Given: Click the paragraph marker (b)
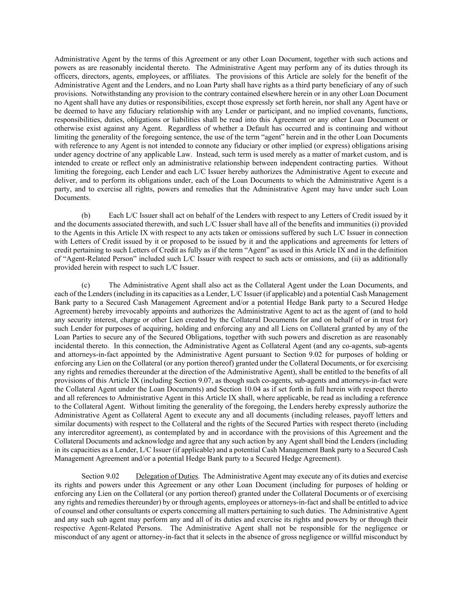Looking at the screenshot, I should [x=86, y=215].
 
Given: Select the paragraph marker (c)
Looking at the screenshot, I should [x=86, y=285].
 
